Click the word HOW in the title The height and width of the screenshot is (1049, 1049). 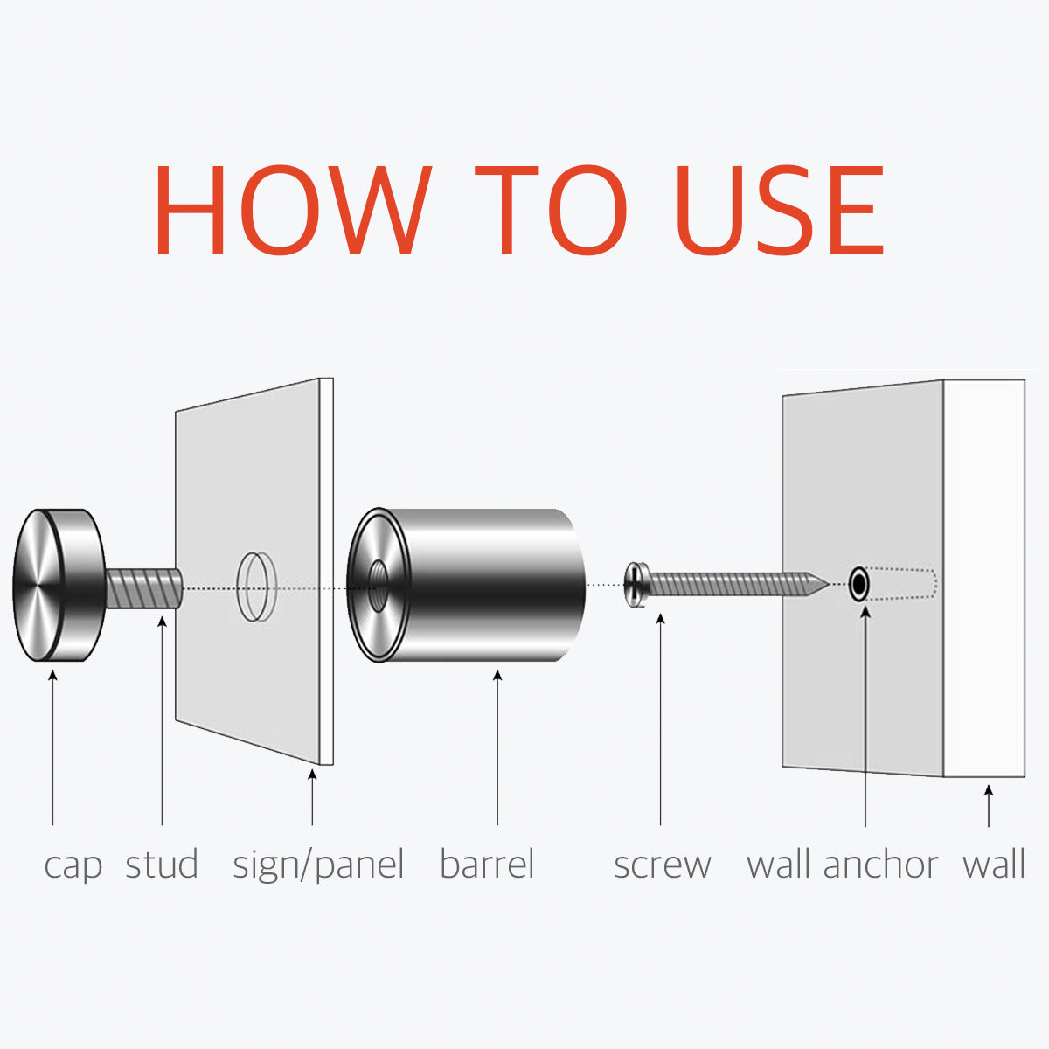tap(294, 210)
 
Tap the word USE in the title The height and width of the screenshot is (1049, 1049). tap(780, 210)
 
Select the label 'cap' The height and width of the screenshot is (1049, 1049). tap(73, 865)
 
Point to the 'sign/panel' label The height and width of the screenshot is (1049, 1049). tap(318, 865)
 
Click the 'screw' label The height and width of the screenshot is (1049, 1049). tap(663, 865)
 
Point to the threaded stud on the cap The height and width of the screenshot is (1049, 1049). tap(143, 588)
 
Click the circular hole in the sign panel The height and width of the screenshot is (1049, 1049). tap(257, 587)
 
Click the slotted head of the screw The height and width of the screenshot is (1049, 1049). tap(635, 585)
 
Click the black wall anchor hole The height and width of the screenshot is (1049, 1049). tap(859, 584)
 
